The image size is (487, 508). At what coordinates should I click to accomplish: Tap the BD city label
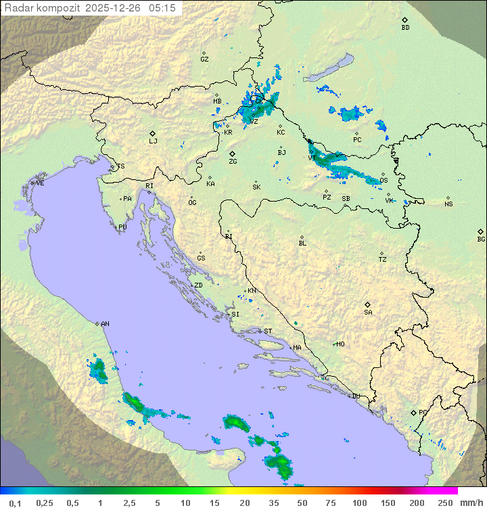click(x=405, y=28)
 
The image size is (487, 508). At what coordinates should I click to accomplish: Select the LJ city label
click(x=153, y=141)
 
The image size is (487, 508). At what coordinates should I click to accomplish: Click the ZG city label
click(x=233, y=162)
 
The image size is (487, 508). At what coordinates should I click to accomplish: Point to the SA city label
click(x=368, y=313)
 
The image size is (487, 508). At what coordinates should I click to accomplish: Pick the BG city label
click(x=481, y=239)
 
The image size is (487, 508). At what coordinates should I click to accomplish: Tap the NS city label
click(x=448, y=204)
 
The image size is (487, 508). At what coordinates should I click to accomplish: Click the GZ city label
click(x=204, y=60)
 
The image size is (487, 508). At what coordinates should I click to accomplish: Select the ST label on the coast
click(x=268, y=331)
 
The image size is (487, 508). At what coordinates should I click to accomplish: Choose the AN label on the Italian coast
click(x=105, y=324)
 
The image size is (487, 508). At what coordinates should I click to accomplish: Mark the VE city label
click(x=40, y=183)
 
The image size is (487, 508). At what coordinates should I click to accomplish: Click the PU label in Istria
click(x=122, y=227)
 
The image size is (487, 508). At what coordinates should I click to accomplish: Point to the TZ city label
click(x=382, y=260)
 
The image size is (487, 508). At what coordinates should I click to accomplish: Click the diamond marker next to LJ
click(x=153, y=133)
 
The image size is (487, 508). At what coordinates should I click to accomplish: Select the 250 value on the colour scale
click(x=444, y=503)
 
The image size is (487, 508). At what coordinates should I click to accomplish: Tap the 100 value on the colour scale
click(x=359, y=503)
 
